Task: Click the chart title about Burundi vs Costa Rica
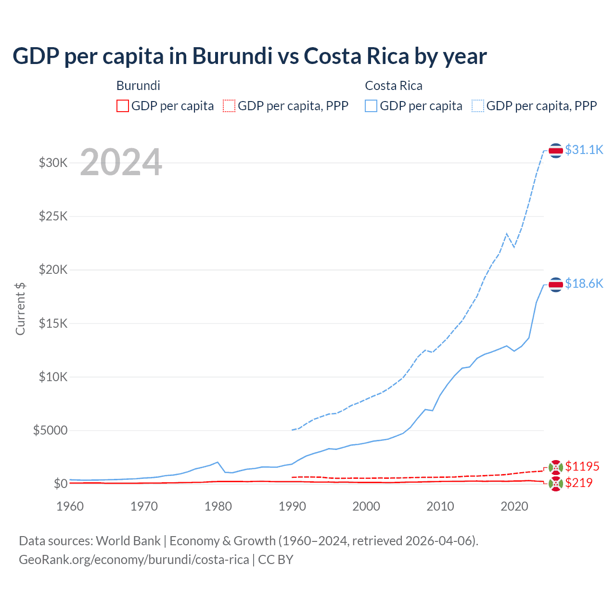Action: [x=249, y=56]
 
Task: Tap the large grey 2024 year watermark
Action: [x=121, y=162]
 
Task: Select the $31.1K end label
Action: [x=584, y=150]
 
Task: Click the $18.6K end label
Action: [x=584, y=283]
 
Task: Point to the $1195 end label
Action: [x=582, y=466]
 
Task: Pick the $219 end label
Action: [x=578, y=483]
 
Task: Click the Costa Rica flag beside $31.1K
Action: [x=556, y=151]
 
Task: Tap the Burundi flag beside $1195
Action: [x=556, y=467]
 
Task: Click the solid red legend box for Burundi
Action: [x=123, y=106]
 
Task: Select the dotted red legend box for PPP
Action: [x=229, y=106]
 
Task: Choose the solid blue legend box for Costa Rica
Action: [x=371, y=106]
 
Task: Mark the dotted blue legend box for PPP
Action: [x=478, y=106]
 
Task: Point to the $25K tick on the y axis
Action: [x=53, y=216]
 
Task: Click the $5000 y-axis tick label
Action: [x=50, y=430]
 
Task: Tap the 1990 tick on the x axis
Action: [x=292, y=506]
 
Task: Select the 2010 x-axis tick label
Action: [x=440, y=506]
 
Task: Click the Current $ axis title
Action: [x=20, y=309]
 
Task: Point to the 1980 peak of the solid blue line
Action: [x=218, y=462]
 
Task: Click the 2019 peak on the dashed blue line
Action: [x=506, y=234]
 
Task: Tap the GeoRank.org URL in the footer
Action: [x=134, y=560]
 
